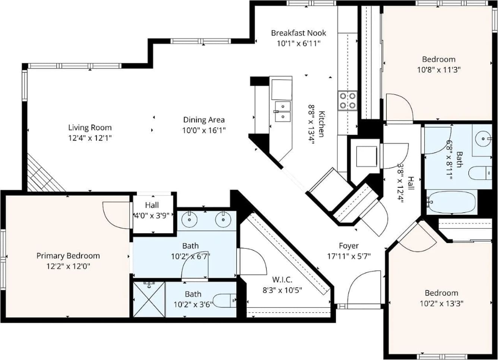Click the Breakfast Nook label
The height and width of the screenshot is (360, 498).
tap(298, 33)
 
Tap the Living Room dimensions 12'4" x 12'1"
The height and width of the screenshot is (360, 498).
tap(90, 138)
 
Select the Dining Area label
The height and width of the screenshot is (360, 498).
tap(204, 120)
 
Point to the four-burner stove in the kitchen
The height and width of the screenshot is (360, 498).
tap(348, 101)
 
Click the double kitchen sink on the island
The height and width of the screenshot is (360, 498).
tap(283, 111)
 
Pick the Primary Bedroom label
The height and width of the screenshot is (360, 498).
tap(68, 256)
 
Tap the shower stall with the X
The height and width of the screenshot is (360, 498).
tap(149, 299)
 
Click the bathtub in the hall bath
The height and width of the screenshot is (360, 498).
tap(452, 202)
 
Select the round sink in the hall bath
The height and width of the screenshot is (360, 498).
tap(483, 138)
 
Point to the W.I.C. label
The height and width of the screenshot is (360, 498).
tap(282, 279)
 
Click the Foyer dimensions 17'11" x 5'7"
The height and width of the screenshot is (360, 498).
tap(349, 257)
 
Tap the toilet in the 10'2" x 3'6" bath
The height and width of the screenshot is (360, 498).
tap(225, 301)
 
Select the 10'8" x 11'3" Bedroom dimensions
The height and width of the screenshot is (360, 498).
tap(439, 70)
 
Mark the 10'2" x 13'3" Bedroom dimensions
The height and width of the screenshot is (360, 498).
tap(441, 303)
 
